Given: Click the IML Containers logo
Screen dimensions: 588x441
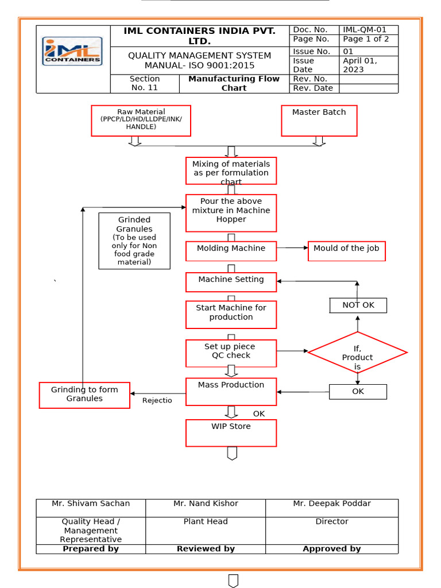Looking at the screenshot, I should click(73, 51).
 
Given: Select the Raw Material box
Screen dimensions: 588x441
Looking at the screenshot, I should click(141, 121).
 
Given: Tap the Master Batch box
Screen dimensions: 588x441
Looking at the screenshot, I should click(319, 121).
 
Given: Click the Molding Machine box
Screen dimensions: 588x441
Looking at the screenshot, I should click(231, 251).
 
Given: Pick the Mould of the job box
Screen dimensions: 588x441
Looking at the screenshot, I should click(346, 251).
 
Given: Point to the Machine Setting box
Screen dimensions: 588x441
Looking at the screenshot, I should click(231, 282).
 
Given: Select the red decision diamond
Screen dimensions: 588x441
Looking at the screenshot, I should click(357, 353).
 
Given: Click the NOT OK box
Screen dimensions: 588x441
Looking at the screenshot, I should click(358, 305).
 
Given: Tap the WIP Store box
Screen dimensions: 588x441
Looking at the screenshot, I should click(231, 433).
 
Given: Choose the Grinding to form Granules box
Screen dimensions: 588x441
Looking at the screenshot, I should click(84, 395).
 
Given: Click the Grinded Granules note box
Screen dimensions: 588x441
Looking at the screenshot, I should click(134, 241).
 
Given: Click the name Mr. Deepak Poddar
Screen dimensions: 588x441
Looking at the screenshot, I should click(332, 504).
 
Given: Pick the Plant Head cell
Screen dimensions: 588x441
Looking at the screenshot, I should click(206, 521).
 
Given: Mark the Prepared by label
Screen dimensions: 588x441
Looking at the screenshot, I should click(91, 549).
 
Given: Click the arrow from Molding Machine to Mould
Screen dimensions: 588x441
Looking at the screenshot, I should click(292, 247).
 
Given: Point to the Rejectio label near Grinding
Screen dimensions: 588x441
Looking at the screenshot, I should click(157, 400).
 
